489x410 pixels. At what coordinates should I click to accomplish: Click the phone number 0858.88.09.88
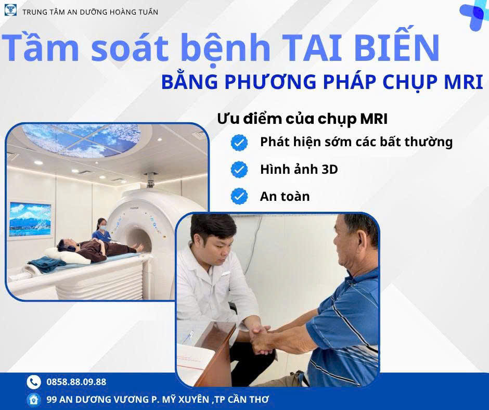click(76, 381)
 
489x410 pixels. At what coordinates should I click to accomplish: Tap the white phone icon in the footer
click(34, 382)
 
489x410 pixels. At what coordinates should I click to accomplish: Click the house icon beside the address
click(34, 400)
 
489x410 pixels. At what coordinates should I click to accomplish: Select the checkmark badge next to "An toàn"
click(239, 196)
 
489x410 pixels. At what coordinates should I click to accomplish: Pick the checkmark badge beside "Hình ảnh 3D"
click(239, 170)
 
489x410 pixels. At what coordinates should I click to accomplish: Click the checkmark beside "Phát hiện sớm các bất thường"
click(239, 143)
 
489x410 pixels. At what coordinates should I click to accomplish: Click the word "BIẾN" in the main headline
click(397, 47)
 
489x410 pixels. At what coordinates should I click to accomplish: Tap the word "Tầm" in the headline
click(40, 47)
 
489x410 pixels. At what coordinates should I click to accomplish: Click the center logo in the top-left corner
click(10, 10)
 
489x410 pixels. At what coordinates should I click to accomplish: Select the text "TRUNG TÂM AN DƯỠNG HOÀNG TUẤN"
click(90, 12)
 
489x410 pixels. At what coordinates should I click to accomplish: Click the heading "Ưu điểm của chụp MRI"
click(302, 119)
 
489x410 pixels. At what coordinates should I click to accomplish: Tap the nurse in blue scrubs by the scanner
click(101, 230)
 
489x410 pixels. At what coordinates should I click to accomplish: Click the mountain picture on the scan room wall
click(30, 220)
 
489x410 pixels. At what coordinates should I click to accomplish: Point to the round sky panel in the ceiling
click(82, 140)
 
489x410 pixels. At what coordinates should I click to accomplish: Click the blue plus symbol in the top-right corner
click(474, 16)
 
